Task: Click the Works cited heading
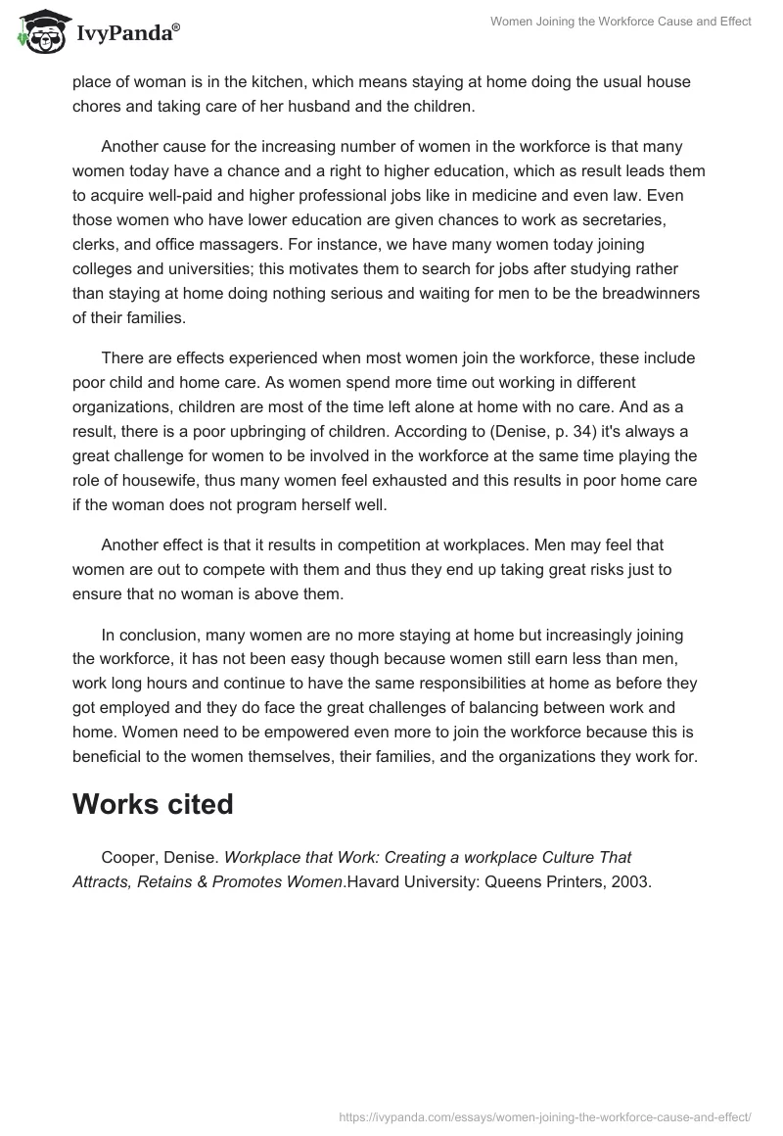153,803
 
